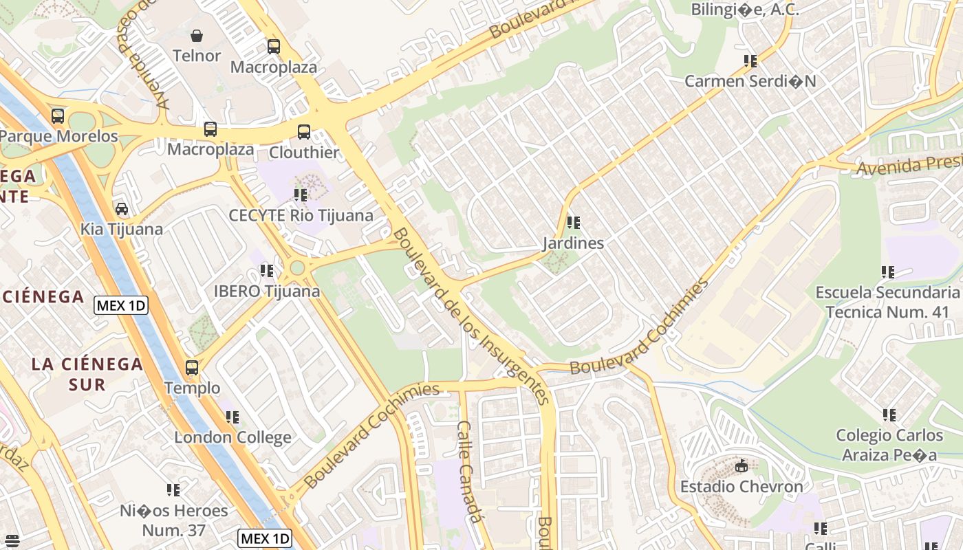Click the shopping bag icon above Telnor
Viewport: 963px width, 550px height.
click(x=197, y=36)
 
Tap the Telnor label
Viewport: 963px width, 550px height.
click(x=197, y=56)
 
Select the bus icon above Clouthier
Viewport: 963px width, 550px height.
click(x=303, y=132)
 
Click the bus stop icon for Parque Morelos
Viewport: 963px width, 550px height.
click(x=58, y=116)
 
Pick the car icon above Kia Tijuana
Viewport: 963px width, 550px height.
click(x=122, y=209)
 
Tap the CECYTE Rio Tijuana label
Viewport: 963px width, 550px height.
click(x=301, y=215)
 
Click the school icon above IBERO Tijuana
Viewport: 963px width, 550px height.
click(x=267, y=271)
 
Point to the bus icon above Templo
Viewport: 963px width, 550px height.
click(x=192, y=368)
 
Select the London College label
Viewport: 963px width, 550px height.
click(x=232, y=437)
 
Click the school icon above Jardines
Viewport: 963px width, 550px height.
click(x=573, y=223)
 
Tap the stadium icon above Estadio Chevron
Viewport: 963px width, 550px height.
click(x=741, y=466)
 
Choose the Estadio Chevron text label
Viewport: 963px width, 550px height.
click(x=742, y=487)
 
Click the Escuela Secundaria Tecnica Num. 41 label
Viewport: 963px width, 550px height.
click(x=887, y=302)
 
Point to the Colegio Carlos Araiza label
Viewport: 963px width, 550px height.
click(x=889, y=445)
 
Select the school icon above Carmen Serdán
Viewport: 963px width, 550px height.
click(x=750, y=61)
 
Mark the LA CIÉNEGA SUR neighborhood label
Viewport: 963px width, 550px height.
click(x=87, y=374)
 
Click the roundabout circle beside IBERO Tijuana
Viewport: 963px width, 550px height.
click(x=297, y=267)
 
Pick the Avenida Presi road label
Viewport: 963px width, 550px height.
click(x=908, y=165)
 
